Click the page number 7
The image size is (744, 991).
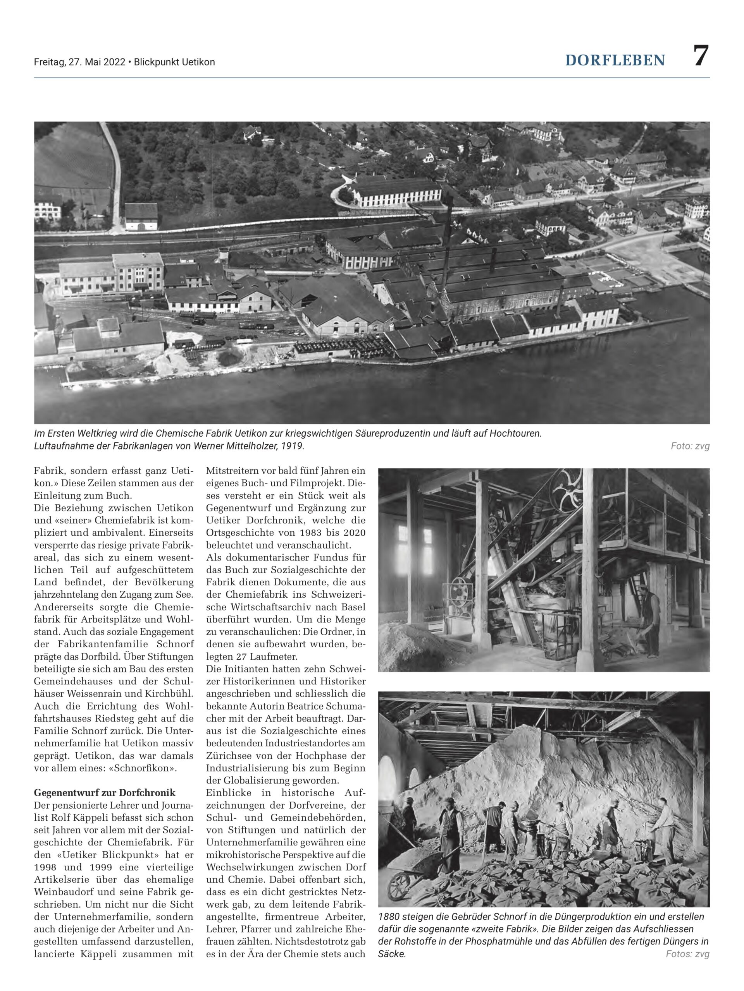tap(701, 56)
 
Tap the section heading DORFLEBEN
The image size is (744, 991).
tap(615, 60)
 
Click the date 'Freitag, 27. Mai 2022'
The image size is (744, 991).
tap(79, 62)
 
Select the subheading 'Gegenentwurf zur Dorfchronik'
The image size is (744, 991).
tap(105, 793)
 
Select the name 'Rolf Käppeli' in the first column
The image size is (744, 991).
tap(85, 818)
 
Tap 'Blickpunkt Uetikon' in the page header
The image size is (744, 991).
tap(174, 62)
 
